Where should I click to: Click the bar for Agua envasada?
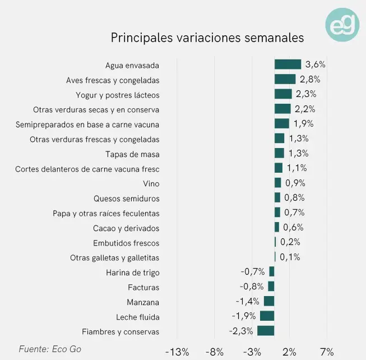click(288, 64)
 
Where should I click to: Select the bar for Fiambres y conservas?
click(266, 331)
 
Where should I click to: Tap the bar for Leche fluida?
click(267, 316)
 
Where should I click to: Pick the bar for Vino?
click(278, 183)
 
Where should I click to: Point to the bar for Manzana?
click(269, 301)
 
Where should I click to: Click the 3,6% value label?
click(315, 64)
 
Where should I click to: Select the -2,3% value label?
click(241, 331)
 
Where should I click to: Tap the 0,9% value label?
click(295, 183)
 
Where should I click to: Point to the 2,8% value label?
click(310, 79)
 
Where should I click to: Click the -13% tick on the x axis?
click(177, 352)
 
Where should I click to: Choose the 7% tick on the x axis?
click(327, 352)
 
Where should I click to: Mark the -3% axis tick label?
click(252, 352)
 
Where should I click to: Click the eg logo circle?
click(342, 24)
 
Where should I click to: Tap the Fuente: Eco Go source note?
click(50, 349)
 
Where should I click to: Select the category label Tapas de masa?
click(132, 154)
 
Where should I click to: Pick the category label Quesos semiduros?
click(126, 199)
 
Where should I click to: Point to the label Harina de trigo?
click(133, 273)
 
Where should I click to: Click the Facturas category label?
click(143, 287)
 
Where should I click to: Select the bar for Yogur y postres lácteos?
click(283, 94)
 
